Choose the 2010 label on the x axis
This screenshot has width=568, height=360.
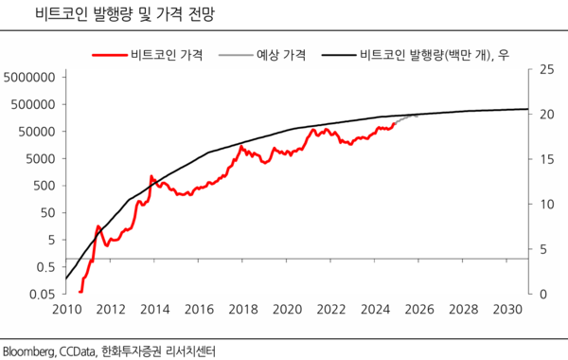[66, 310]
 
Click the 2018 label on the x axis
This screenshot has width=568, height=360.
[243, 310]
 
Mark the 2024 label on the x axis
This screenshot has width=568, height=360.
[375, 310]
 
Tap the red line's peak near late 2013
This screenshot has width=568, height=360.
[151, 176]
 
